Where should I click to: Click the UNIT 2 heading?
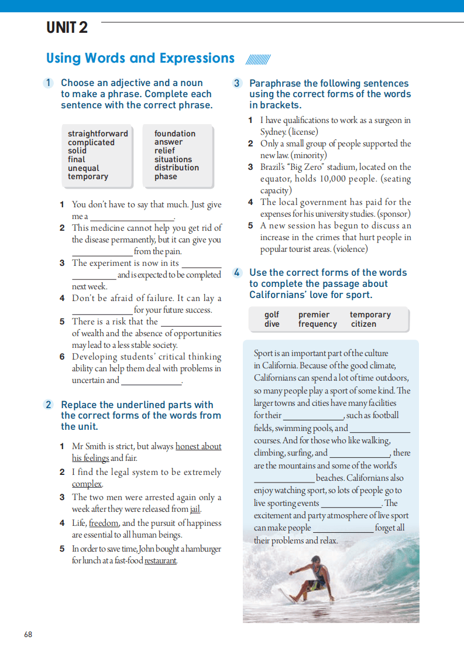pyautogui.click(x=67, y=27)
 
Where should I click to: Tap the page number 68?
pyautogui.click(x=28, y=634)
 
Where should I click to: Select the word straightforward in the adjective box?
pyautogui.click(x=98, y=134)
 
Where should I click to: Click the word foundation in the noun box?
pyautogui.click(x=175, y=134)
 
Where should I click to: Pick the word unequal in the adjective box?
pyautogui.click(x=84, y=168)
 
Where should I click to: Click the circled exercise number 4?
pyautogui.click(x=237, y=273)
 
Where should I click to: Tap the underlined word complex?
pyautogui.click(x=87, y=484)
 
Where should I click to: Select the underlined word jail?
pyautogui.click(x=195, y=509)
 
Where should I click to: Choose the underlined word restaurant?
pyautogui.click(x=160, y=560)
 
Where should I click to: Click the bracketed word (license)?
pyautogui.click(x=303, y=132)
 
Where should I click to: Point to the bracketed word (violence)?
pyautogui.click(x=350, y=249)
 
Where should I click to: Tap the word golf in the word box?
pyautogui.click(x=271, y=314)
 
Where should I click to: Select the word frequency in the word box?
pyautogui.click(x=318, y=324)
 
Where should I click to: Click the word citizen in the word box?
pyautogui.click(x=363, y=324)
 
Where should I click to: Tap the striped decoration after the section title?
pyautogui.click(x=258, y=59)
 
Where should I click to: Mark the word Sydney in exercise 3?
pyautogui.click(x=273, y=132)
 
